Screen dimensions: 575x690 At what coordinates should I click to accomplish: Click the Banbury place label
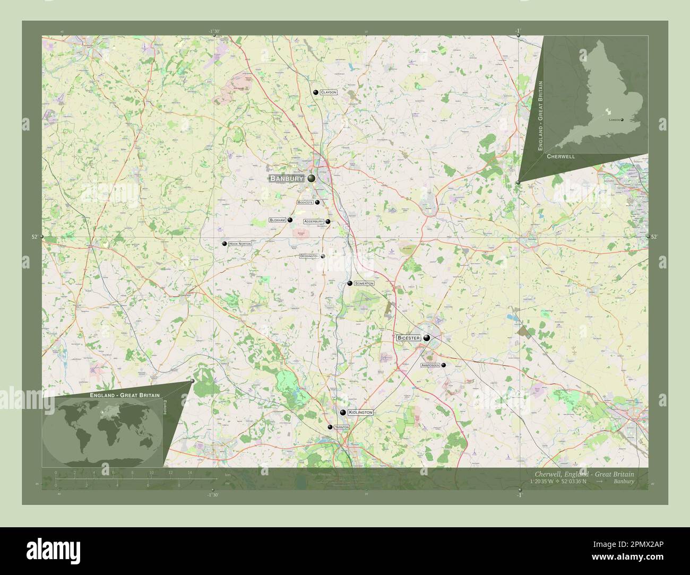coord(287,179)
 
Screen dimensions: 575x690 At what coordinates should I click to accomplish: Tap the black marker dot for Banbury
coord(311,179)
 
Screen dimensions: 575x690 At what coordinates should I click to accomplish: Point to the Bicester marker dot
coord(427,337)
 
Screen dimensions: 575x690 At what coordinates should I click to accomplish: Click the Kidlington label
coord(360,412)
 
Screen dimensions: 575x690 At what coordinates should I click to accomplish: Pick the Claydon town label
coord(329,92)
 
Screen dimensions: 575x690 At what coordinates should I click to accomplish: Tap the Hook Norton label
coord(239,243)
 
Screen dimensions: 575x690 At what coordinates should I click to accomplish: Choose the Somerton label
coord(364,284)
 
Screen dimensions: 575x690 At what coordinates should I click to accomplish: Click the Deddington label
coord(309,256)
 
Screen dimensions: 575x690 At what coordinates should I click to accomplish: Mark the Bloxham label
coord(278,220)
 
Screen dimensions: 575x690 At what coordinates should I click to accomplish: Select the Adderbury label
coord(314,221)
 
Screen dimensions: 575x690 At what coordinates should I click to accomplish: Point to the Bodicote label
coord(305,202)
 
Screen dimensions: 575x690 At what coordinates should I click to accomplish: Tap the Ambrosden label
coord(430,365)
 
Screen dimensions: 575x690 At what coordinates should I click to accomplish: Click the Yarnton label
coord(341,427)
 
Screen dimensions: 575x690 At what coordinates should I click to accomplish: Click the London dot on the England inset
coord(622,120)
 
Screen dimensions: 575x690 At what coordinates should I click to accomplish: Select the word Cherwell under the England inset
coord(560,158)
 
